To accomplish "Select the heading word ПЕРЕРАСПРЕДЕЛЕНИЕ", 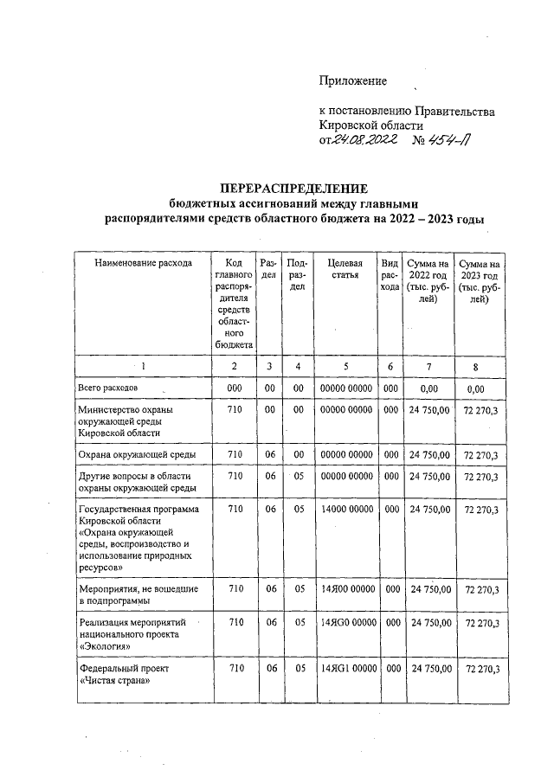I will [x=293, y=189].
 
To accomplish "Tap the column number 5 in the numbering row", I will [x=345, y=367].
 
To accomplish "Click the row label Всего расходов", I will [x=107, y=388].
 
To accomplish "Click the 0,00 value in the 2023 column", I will [x=480, y=389].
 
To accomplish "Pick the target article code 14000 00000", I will [x=345, y=510].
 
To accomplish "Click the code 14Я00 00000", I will [x=345, y=589].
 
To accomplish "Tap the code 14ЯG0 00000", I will [x=345, y=622].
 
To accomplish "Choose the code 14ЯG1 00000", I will [x=345, y=669].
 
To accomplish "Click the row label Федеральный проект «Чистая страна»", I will [x=120, y=675].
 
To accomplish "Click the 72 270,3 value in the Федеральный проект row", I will [x=482, y=670].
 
